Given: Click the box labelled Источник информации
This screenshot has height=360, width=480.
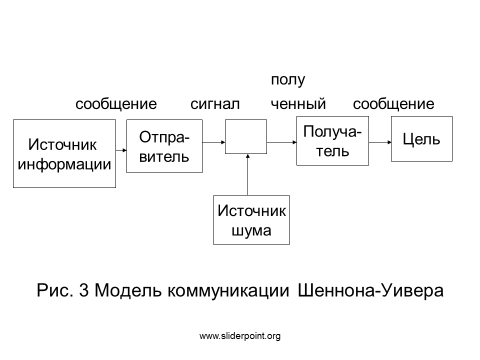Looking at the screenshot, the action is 64,153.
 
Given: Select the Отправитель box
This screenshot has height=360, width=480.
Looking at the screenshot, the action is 164,146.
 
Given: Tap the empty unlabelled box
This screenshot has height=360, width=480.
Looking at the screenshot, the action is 246,136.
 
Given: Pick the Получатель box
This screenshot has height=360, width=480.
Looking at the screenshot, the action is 332,141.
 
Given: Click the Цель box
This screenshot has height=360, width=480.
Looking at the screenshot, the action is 421,138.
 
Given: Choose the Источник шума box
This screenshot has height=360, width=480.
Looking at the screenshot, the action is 251,220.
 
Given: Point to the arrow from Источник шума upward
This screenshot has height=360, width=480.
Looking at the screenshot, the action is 247,174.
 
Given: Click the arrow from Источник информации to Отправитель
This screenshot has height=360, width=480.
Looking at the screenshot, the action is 121,150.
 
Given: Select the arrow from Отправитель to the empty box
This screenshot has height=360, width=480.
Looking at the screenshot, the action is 213,142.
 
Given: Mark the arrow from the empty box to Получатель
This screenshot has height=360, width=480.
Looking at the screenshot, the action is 281,142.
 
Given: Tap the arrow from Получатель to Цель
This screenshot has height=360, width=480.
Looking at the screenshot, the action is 380,142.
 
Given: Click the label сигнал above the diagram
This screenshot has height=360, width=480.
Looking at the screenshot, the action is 215,104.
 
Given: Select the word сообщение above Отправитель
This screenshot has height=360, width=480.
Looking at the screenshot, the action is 116,104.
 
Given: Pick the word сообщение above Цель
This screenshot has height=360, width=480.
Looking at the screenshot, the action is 393,104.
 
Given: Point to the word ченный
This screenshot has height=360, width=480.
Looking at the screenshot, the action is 298,104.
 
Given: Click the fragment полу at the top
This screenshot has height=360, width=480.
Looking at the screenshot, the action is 288,80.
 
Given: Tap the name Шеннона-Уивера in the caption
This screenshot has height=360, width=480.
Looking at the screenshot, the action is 370,290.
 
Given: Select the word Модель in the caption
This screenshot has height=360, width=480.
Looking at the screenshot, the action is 127,290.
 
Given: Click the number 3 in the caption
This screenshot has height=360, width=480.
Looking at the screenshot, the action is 84,290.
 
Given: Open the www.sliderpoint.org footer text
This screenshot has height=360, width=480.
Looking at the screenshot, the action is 240,336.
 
